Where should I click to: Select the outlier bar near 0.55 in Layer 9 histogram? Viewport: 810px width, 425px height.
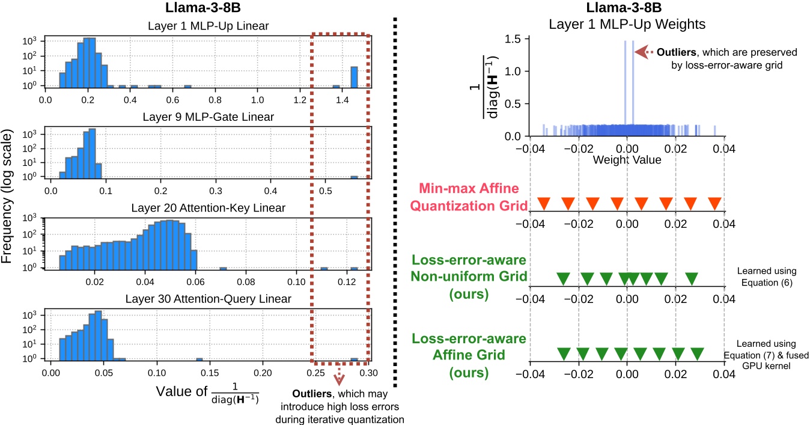354,177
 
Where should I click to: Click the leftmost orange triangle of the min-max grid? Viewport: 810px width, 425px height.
544,204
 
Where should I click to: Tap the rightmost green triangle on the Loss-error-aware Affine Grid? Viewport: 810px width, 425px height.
697,353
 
